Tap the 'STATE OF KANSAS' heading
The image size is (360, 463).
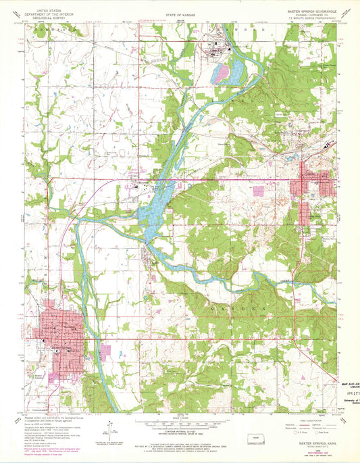click(181, 14)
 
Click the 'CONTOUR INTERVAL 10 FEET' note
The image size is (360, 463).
click(180, 430)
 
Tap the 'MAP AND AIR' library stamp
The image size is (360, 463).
click(347, 385)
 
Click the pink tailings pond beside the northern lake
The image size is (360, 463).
click(221, 73)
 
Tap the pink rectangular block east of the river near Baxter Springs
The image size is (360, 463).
click(105, 351)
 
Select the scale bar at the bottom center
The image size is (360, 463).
click(180, 424)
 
